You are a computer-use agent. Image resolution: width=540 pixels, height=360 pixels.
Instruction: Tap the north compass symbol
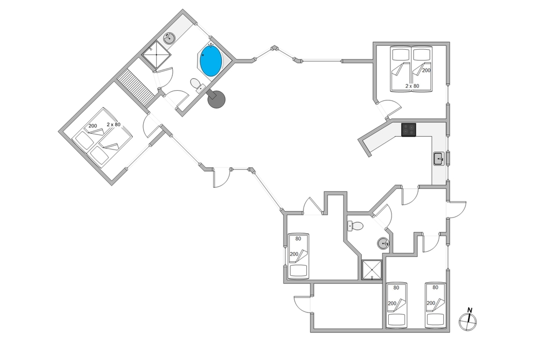pos(468,322)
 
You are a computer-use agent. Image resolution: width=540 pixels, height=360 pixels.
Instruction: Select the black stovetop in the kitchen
pos(408,130)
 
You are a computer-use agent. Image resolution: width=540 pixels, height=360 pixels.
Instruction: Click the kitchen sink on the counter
pos(438,159)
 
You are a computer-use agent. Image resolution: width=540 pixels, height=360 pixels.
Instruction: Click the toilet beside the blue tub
pos(197,85)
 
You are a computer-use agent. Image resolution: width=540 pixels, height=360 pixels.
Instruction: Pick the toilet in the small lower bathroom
pos(356,226)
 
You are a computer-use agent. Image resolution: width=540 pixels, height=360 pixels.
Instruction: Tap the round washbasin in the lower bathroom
pos(383,243)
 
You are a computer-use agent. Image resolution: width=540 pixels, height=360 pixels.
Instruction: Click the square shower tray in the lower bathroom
pos(372,270)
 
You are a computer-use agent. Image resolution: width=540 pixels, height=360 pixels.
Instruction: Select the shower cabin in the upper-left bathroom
pos(157,56)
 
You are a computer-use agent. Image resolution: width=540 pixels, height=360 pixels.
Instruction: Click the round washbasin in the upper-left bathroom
pos(169,38)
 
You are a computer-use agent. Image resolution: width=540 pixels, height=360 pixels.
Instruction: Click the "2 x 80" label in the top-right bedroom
pos(413,86)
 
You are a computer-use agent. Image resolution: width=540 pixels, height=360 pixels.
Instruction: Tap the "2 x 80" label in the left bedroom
pos(113,125)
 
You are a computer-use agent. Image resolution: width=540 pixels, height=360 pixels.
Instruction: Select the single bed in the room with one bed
pos(298,256)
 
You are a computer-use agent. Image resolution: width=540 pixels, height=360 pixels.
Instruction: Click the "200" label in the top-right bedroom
pos(427,70)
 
